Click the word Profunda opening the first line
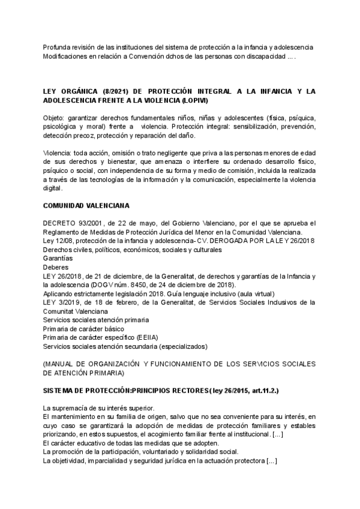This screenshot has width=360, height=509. [58, 47]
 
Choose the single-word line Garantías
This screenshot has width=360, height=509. [58, 259]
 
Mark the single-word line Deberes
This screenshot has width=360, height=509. [56, 267]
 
